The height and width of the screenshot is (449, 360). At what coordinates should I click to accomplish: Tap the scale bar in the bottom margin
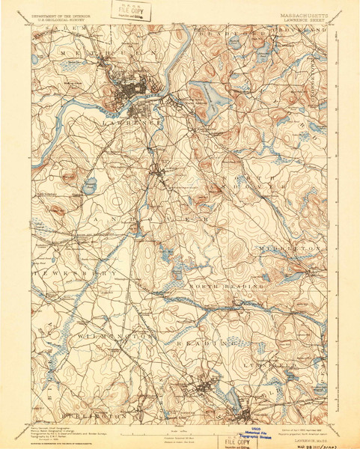[x=180, y=431]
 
